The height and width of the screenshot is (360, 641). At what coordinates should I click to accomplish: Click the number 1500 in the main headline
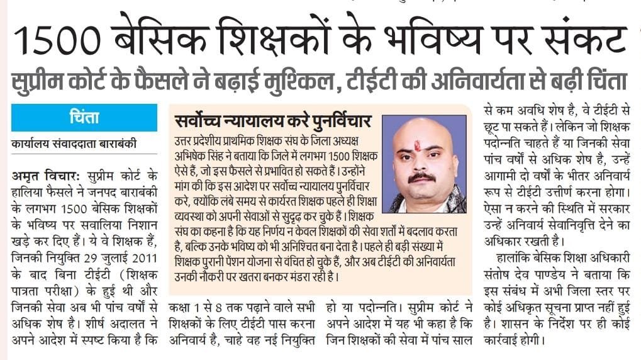(x=59, y=40)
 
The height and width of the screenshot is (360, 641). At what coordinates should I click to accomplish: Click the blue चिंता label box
(x=84, y=118)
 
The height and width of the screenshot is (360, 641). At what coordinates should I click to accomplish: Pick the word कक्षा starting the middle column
(x=183, y=308)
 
